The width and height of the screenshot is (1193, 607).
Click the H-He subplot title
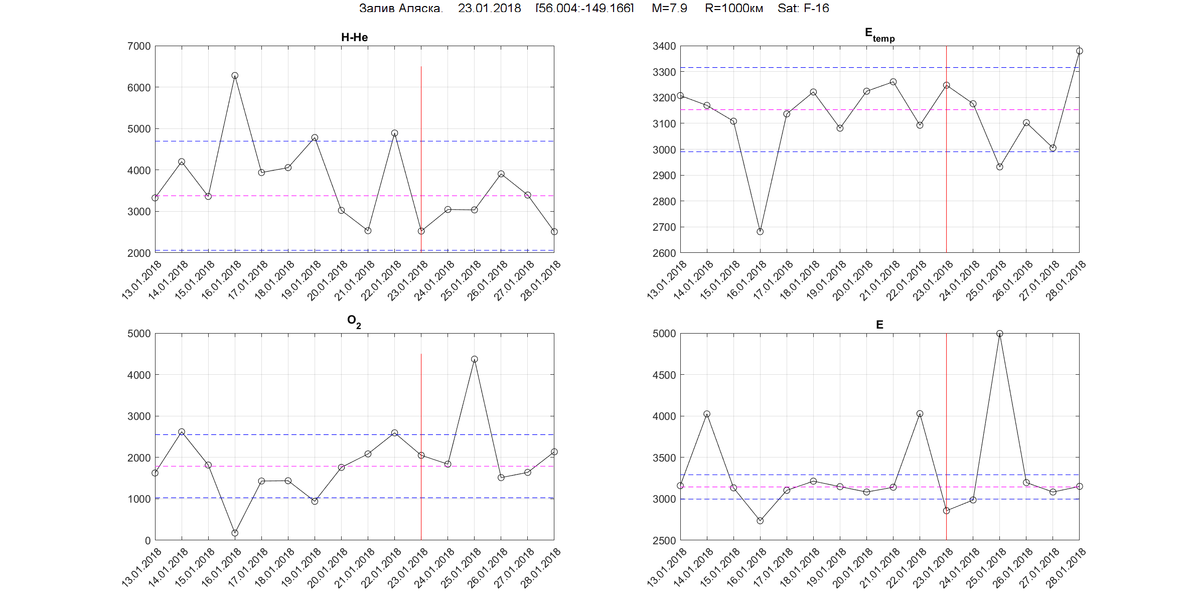pyautogui.click(x=354, y=37)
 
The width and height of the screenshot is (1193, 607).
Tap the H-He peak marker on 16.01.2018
pyautogui.click(x=235, y=76)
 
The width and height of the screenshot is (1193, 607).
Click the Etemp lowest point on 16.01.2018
pyautogui.click(x=760, y=232)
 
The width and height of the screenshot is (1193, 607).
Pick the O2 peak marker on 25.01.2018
pyautogui.click(x=475, y=359)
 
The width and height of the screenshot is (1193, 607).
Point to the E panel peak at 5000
pyautogui.click(x=999, y=334)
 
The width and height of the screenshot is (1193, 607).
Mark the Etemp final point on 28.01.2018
pyautogui.click(x=1079, y=51)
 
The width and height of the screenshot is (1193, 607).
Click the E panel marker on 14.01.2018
pyautogui.click(x=707, y=414)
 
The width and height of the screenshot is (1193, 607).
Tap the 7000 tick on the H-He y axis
pyautogui.click(x=139, y=46)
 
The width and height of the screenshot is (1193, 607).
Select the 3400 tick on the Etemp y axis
pyautogui.click(x=664, y=46)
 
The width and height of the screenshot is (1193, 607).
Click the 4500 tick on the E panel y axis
pyautogui.click(x=664, y=375)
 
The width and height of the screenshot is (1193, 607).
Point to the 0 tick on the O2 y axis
pyautogui.click(x=147, y=541)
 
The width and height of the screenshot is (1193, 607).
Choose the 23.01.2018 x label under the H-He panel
pyautogui.click(x=407, y=281)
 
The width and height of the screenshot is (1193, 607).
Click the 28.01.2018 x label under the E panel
pyautogui.click(x=1066, y=568)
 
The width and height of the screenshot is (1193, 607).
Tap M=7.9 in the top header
pyautogui.click(x=669, y=8)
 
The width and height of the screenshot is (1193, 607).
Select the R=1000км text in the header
pyautogui.click(x=733, y=8)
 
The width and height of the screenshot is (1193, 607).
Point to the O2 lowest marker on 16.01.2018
pyautogui.click(x=235, y=533)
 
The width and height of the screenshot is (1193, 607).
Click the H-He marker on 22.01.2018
pyautogui.click(x=395, y=133)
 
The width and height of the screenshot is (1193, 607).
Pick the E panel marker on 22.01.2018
pyautogui.click(x=920, y=414)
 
